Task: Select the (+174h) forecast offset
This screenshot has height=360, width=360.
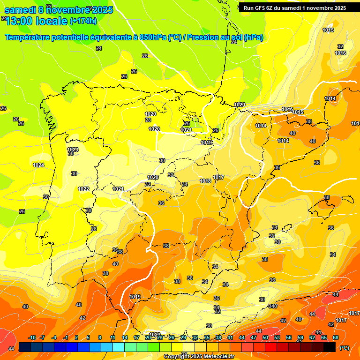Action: pyautogui.click(x=83, y=21)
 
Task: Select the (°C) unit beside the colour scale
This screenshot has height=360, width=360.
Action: pyautogui.click(x=345, y=348)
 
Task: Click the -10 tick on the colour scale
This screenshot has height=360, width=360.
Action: pyautogui.click(x=32, y=338)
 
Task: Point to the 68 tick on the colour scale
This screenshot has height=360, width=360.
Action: pyautogui.click(x=336, y=338)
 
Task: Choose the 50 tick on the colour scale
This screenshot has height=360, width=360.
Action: pyautogui.click(x=265, y=338)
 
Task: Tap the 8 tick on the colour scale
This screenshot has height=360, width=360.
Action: pyautogui.click(x=100, y=338)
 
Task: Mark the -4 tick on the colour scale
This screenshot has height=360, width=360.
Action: pyautogui.click(x=54, y=338)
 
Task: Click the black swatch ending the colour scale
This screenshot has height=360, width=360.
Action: pyautogui.click(x=330, y=347)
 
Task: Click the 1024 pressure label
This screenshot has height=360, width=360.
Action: pyautogui.click(x=38, y=165)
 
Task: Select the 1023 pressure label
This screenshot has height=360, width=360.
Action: pyautogui.click(x=73, y=150)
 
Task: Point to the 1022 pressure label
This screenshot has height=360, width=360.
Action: pyautogui.click(x=83, y=189)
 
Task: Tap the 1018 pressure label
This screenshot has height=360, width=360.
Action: pyautogui.click(x=205, y=181)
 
